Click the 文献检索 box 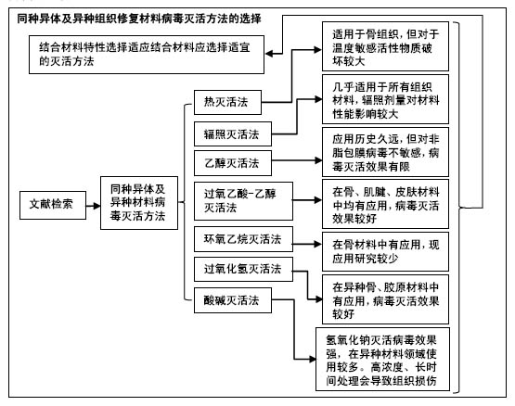click(53, 205)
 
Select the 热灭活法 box click(227, 102)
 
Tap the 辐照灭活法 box click(233, 133)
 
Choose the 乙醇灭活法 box click(233, 163)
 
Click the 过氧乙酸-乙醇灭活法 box click(243, 201)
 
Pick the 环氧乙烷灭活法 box click(243, 239)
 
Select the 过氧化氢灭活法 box click(243, 269)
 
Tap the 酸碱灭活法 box click(233, 300)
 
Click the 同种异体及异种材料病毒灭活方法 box click(139, 203)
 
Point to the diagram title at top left click(139, 19)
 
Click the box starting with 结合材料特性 click(147, 55)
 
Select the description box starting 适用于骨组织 click(385, 46)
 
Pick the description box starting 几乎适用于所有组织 click(385, 99)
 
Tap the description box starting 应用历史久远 click(385, 152)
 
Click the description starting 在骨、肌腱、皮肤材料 click(385, 204)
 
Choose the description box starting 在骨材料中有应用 click(385, 251)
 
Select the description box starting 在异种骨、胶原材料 click(385, 299)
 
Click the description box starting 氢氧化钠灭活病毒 click(382, 359)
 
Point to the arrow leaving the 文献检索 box click(93, 206)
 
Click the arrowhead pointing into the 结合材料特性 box click(269, 53)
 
